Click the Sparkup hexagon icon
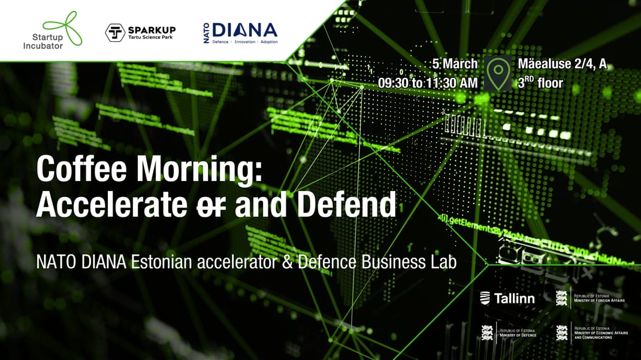point(115,33)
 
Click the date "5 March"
point(454,64)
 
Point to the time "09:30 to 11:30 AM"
point(428,83)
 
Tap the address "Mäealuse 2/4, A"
point(562,64)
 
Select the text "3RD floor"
point(540,83)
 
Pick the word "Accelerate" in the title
point(111,205)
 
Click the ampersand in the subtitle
point(287,262)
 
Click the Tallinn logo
point(507,298)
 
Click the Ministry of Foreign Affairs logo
point(590,298)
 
